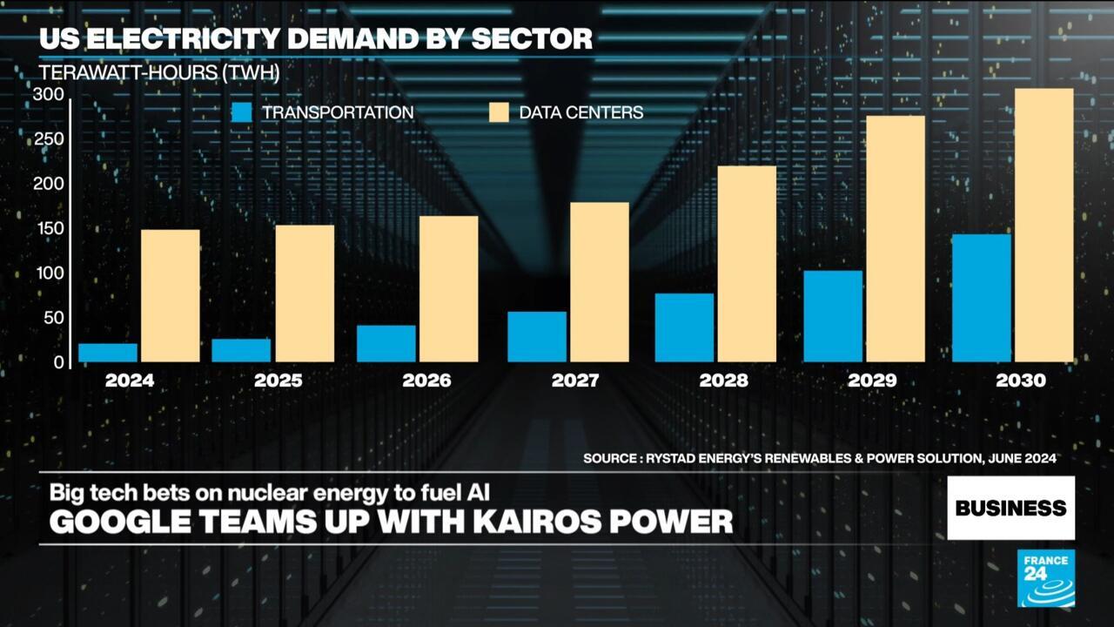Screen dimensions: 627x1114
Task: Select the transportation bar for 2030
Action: point(982,298)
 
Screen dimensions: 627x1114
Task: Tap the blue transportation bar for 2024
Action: point(108,353)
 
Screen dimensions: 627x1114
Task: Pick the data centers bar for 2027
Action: point(600,282)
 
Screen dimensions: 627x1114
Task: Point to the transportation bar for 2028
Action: point(684,327)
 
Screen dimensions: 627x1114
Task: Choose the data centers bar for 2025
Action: point(305,293)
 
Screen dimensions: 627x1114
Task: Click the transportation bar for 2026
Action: point(386,343)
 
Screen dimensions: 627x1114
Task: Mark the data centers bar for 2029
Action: point(896,239)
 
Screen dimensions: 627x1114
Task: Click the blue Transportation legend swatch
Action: point(242,112)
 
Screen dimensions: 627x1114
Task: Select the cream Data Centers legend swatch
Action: point(499,112)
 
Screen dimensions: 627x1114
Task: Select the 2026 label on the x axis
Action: point(426,381)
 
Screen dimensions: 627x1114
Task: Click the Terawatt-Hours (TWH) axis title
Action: point(159,73)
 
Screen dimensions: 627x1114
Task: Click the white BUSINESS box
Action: point(1010,508)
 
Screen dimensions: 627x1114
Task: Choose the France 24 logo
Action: point(1045,578)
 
